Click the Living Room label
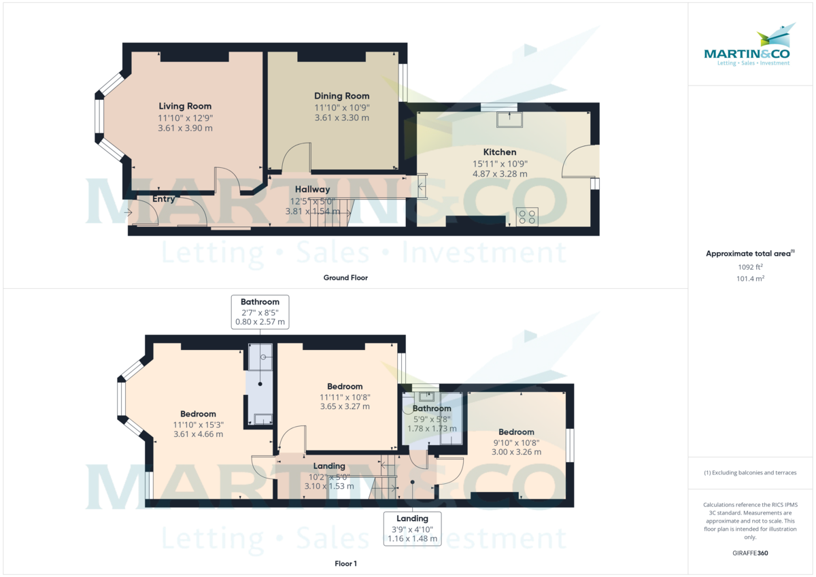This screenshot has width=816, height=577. (x=185, y=106)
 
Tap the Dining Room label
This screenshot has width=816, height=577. (x=341, y=96)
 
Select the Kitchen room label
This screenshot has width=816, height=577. (x=500, y=152)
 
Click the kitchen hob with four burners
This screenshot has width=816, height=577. (x=527, y=217)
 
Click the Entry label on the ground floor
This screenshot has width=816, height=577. (x=164, y=199)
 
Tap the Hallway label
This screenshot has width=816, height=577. (x=312, y=189)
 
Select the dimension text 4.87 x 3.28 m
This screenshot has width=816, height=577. (x=500, y=174)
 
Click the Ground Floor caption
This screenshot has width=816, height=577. (x=346, y=277)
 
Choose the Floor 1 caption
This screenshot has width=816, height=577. (x=345, y=563)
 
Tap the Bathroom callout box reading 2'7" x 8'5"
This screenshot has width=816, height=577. (x=260, y=312)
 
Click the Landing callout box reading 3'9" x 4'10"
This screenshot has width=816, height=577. (x=412, y=529)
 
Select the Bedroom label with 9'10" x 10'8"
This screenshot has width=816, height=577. (x=516, y=432)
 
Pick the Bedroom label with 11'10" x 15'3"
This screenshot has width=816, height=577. (x=198, y=414)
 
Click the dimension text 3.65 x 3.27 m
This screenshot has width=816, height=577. (x=345, y=406)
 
